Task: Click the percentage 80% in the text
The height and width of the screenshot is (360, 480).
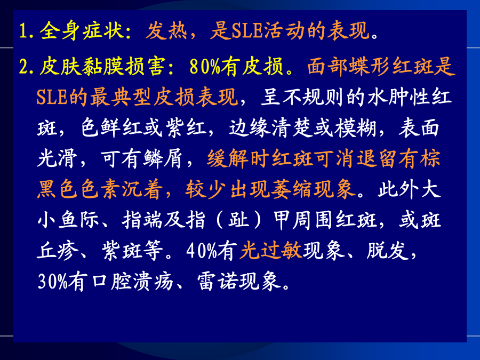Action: click(x=205, y=67)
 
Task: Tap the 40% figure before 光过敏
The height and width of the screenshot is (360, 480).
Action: click(x=202, y=251)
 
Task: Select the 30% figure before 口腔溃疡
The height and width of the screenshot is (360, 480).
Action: click(x=53, y=282)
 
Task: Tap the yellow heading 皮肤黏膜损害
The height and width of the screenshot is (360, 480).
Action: click(x=102, y=67)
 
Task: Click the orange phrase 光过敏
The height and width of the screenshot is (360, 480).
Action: click(x=270, y=251)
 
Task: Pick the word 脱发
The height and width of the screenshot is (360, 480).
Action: click(x=388, y=251)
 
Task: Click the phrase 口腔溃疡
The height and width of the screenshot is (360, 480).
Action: click(x=133, y=282)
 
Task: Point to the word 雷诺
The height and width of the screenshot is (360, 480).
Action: click(x=218, y=282)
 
